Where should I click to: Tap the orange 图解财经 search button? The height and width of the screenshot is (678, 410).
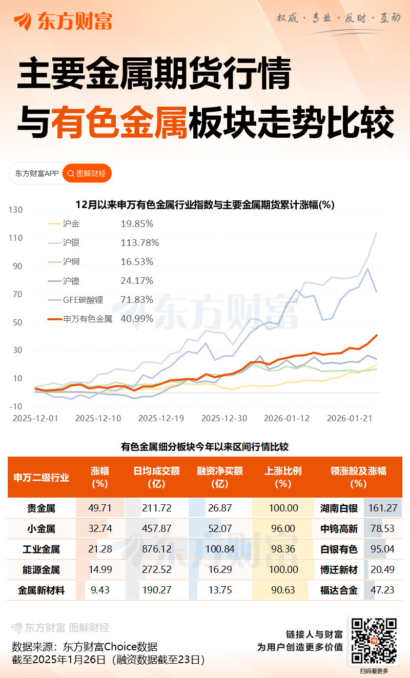click(87, 174)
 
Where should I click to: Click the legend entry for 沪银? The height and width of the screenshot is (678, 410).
click(71, 242)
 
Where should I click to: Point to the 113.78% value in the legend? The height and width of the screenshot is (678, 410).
click(139, 242)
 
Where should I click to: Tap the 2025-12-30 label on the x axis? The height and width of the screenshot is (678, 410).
click(224, 418)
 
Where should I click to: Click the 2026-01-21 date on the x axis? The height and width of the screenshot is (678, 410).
click(350, 418)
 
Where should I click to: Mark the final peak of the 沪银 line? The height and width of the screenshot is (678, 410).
click(377, 233)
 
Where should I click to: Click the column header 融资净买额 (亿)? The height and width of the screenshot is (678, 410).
click(220, 477)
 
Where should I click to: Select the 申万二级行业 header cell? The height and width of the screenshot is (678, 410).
click(42, 477)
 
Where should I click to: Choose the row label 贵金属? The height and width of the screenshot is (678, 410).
click(41, 508)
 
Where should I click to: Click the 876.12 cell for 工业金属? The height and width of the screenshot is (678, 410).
click(157, 549)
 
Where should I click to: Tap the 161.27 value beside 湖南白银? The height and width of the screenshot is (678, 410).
click(382, 508)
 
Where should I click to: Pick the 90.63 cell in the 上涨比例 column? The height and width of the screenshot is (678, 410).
click(283, 590)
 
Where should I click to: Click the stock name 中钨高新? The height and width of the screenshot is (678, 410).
click(339, 529)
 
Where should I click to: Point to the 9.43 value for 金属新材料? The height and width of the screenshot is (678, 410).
click(100, 590)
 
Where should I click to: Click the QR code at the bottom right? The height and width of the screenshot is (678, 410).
click(374, 640)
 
